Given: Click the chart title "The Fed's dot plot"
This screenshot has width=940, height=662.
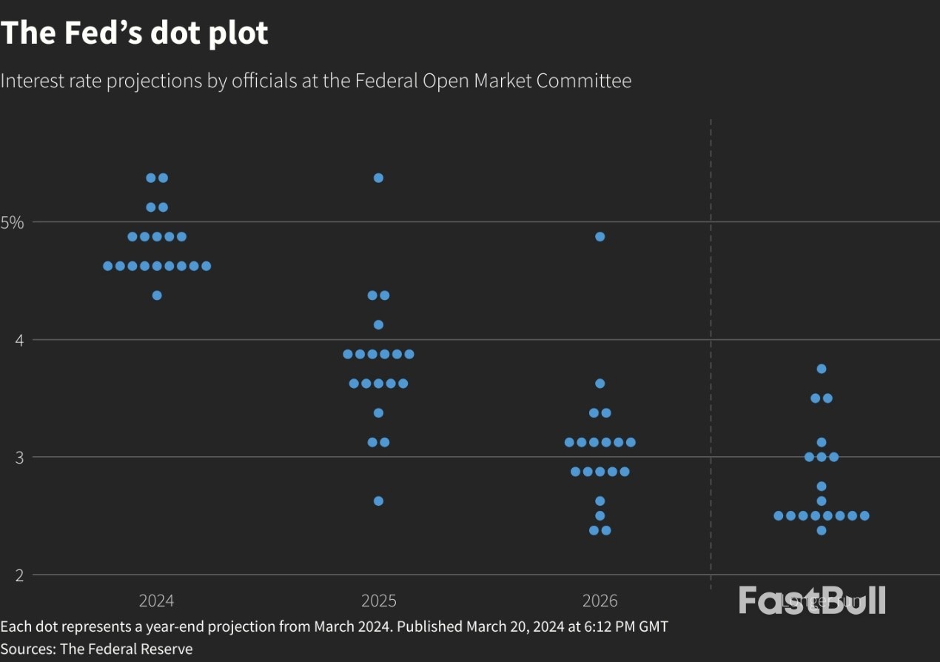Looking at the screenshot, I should (134, 33).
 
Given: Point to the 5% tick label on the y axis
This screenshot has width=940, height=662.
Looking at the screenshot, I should (13, 222).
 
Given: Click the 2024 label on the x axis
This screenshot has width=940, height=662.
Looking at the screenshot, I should (156, 601).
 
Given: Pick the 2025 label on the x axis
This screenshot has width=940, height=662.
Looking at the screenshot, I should (378, 601).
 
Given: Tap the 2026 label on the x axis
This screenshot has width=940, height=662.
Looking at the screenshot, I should (600, 601).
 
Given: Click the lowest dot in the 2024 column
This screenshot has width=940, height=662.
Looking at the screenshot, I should (157, 295).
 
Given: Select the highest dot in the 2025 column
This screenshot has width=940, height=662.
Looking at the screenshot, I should (378, 178).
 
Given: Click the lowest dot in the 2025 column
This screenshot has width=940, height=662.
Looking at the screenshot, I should (378, 501).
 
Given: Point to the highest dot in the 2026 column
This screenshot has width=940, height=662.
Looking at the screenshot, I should (600, 237).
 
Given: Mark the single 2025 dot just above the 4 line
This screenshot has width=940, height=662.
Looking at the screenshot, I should (378, 325).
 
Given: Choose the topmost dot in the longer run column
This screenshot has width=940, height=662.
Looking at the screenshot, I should (821, 369).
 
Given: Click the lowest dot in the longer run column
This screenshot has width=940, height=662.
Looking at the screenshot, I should (821, 530).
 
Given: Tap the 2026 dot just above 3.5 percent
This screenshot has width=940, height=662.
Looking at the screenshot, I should (600, 384).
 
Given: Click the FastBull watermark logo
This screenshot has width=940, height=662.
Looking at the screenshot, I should (812, 600).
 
